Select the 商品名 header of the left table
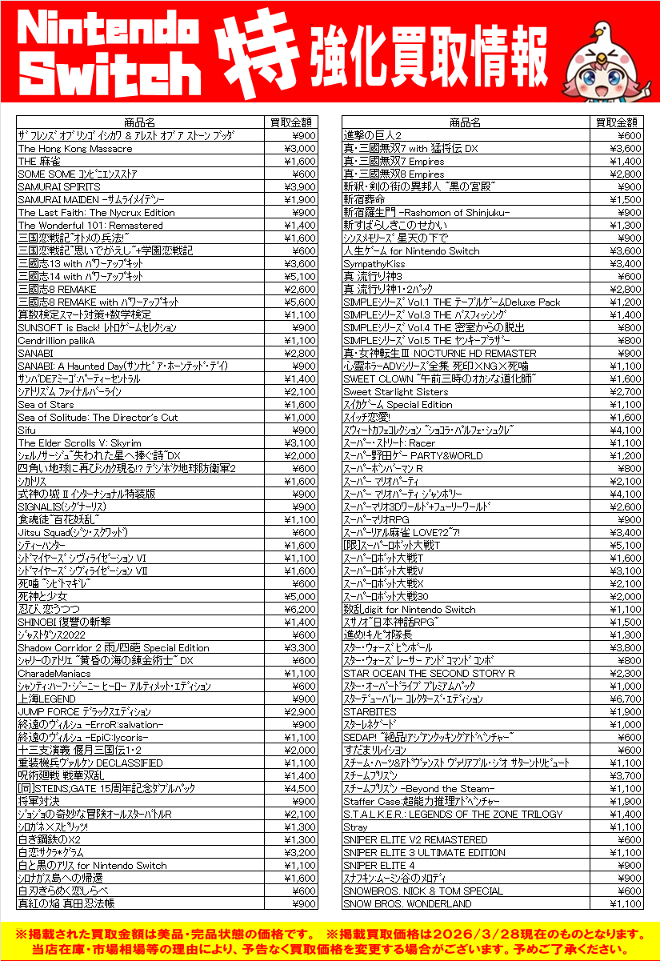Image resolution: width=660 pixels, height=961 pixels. click(x=140, y=122)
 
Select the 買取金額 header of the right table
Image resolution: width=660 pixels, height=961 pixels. click(x=617, y=122)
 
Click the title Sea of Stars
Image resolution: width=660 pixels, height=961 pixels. click(x=46, y=404)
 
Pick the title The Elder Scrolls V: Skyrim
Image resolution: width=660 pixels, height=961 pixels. click(x=79, y=442)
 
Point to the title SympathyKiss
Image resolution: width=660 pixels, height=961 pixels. click(x=374, y=263)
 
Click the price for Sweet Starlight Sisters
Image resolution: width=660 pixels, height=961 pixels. click(x=626, y=391)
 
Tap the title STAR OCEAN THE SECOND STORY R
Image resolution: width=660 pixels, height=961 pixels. click(x=429, y=673)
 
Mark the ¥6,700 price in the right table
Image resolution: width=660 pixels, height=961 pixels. click(x=626, y=699)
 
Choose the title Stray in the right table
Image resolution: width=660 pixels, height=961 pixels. click(x=355, y=827)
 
